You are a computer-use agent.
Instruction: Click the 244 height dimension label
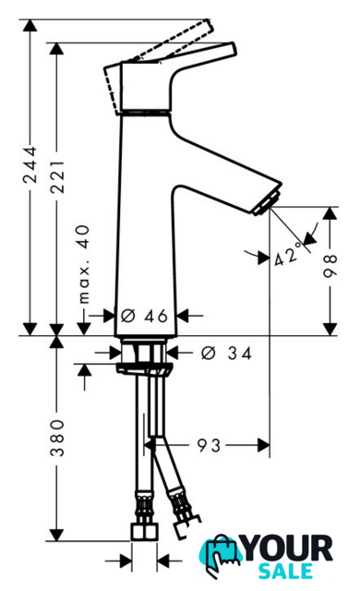click(x=30, y=164)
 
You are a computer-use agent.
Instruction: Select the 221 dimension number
click(x=57, y=176)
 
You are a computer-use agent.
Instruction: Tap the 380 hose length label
click(x=57, y=438)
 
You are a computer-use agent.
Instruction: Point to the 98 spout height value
click(x=330, y=266)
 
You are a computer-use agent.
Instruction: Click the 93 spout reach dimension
click(x=209, y=445)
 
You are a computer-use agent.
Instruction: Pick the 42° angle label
click(x=288, y=255)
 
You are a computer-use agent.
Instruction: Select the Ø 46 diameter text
click(x=144, y=316)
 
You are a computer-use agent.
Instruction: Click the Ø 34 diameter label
click(x=226, y=353)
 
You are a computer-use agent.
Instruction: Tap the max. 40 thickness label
click(x=84, y=264)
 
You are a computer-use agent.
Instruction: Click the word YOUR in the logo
click(x=288, y=549)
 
